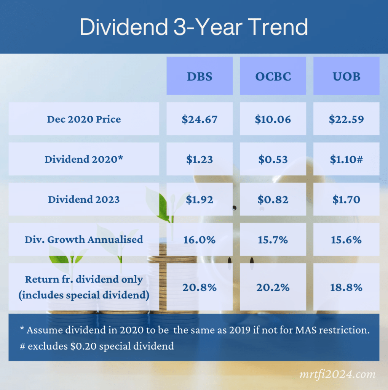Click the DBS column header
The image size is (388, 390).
coord(199,76)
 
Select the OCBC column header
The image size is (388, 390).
coord(273,76)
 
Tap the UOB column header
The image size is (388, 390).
coord(346,76)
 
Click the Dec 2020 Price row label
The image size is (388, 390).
coord(84,119)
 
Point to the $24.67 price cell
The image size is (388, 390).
coord(199,119)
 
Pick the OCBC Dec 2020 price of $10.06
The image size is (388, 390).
coord(273,119)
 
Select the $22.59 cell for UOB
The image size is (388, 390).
coord(346,119)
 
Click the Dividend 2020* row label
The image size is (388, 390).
coord(84,159)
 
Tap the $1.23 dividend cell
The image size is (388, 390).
coord(199,159)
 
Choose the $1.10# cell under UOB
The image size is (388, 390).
coord(346,159)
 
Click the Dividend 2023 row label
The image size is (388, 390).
coord(84,199)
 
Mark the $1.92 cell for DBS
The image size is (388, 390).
coord(199,199)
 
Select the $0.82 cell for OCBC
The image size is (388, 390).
coord(273,199)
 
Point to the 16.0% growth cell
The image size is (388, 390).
coord(199,239)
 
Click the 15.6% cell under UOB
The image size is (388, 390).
coord(346,239)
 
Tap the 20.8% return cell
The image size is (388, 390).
coord(199,287)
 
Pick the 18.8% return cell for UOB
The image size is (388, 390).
coord(346,287)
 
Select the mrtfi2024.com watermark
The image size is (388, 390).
coord(338,374)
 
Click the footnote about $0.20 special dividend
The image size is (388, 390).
coord(97,346)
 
